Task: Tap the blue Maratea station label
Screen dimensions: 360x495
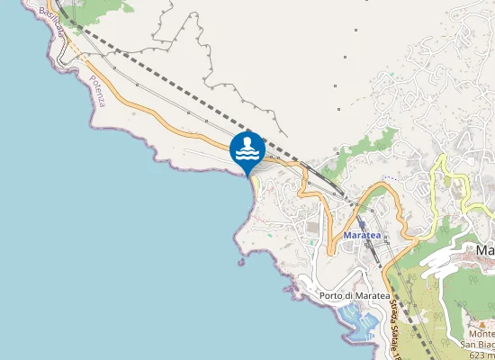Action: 364,236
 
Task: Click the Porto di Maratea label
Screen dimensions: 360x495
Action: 354,295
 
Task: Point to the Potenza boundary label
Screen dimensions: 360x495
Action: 97,91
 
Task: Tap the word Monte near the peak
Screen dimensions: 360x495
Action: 477,333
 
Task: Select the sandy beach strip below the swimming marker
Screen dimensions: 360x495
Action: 254,185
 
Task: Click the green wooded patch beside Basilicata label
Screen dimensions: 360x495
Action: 90,12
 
